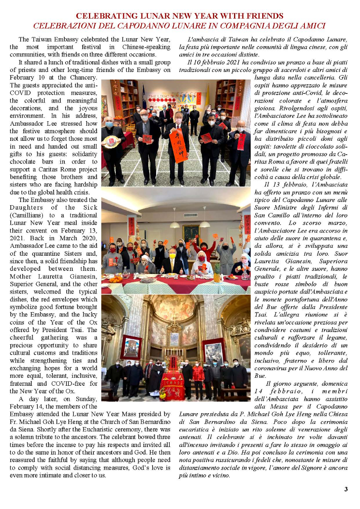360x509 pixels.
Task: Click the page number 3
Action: click(x=346, y=489)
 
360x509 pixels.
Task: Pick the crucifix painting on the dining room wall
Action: click(x=191, y=233)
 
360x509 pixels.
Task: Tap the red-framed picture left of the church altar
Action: click(x=131, y=347)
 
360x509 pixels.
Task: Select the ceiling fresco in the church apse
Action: click(x=174, y=308)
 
